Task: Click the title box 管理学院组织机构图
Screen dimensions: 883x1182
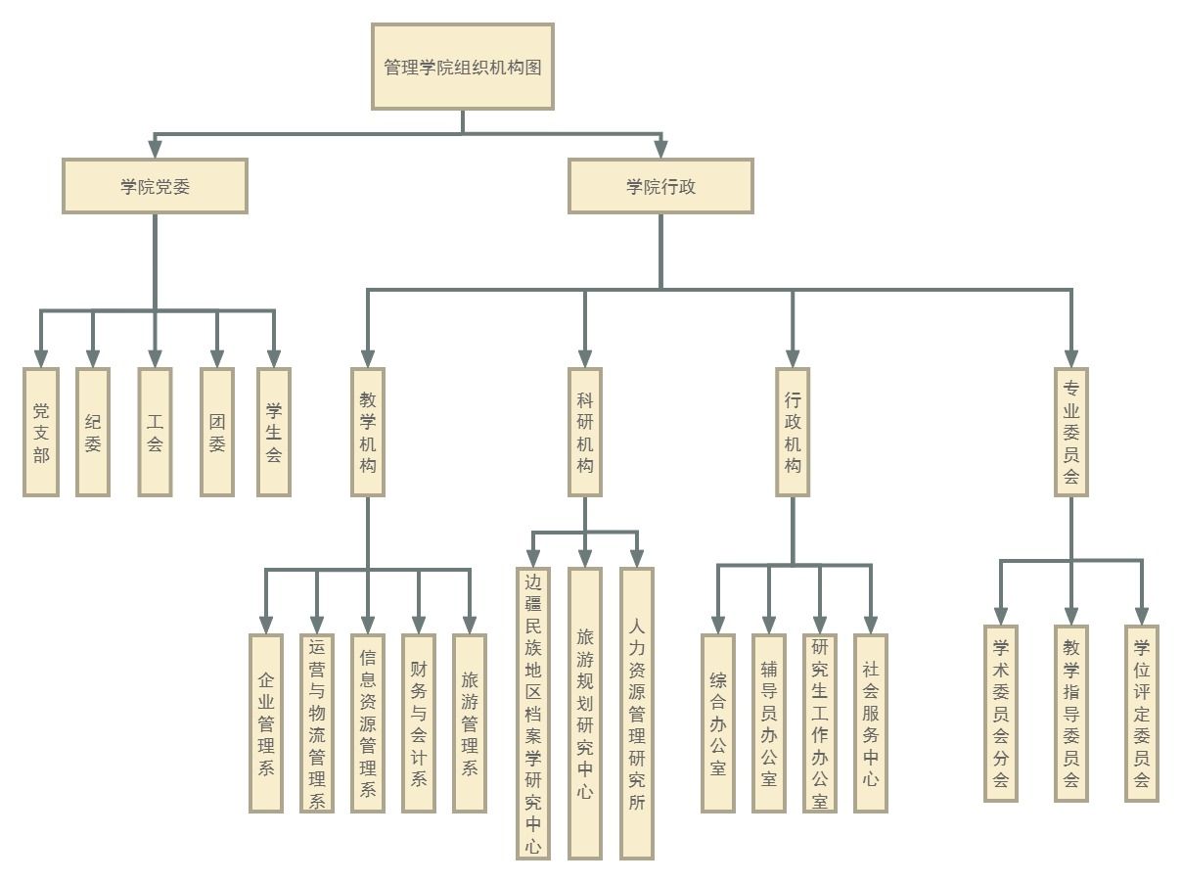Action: (x=462, y=67)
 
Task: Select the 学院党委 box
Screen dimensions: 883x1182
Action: (x=155, y=186)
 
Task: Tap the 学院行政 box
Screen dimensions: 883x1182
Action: (x=660, y=186)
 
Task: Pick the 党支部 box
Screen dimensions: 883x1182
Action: (x=41, y=432)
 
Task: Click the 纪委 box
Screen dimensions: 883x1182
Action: (x=93, y=432)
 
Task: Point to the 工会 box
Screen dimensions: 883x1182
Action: (x=155, y=432)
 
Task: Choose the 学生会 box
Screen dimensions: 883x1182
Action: (x=274, y=432)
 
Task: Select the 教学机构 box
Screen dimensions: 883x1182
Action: (x=368, y=432)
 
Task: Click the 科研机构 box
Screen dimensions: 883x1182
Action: (x=585, y=432)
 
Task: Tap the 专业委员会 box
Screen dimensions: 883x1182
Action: (x=1071, y=432)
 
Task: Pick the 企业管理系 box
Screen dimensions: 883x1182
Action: (x=266, y=722)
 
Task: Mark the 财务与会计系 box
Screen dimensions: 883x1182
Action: (x=419, y=722)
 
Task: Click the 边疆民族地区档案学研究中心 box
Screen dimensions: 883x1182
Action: (x=533, y=713)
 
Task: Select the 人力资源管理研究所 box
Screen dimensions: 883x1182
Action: (x=637, y=713)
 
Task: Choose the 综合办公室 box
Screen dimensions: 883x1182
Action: (x=718, y=722)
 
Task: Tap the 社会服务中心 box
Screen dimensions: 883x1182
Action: (x=871, y=722)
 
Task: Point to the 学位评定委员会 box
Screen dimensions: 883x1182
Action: (x=1142, y=713)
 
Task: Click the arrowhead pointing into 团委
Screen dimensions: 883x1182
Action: (x=217, y=358)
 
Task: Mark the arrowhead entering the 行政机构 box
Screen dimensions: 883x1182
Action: (x=793, y=358)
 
